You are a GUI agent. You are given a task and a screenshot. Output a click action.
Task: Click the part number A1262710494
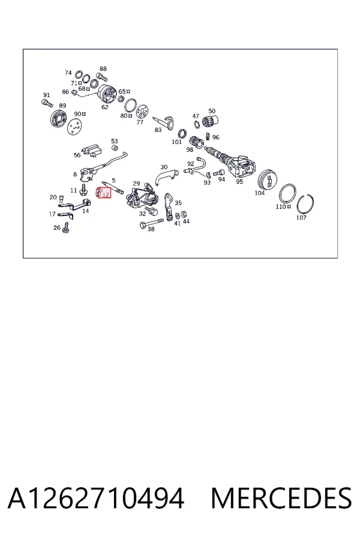pos(96,498)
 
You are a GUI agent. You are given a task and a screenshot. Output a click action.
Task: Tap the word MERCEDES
pos(281,498)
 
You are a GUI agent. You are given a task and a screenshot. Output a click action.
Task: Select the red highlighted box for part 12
pos(104,193)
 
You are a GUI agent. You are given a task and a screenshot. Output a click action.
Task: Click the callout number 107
pos(301,218)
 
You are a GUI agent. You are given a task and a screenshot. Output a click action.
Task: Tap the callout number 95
pos(239,181)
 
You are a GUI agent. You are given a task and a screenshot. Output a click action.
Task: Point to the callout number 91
pos(47,95)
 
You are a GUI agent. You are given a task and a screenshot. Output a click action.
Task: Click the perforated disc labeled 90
pos(75,127)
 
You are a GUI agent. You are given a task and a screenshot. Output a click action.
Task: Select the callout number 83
pos(158,130)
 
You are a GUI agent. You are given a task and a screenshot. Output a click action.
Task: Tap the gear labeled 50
pos(210,122)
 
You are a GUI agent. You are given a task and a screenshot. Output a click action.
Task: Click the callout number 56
pos(77,155)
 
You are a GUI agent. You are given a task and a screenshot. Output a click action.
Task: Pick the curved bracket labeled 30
pos(166,176)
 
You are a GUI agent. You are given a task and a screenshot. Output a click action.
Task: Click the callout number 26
pos(57,227)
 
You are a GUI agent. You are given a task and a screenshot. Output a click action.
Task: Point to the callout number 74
pos(68,73)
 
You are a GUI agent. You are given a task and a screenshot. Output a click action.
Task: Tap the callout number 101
pos(176,142)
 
